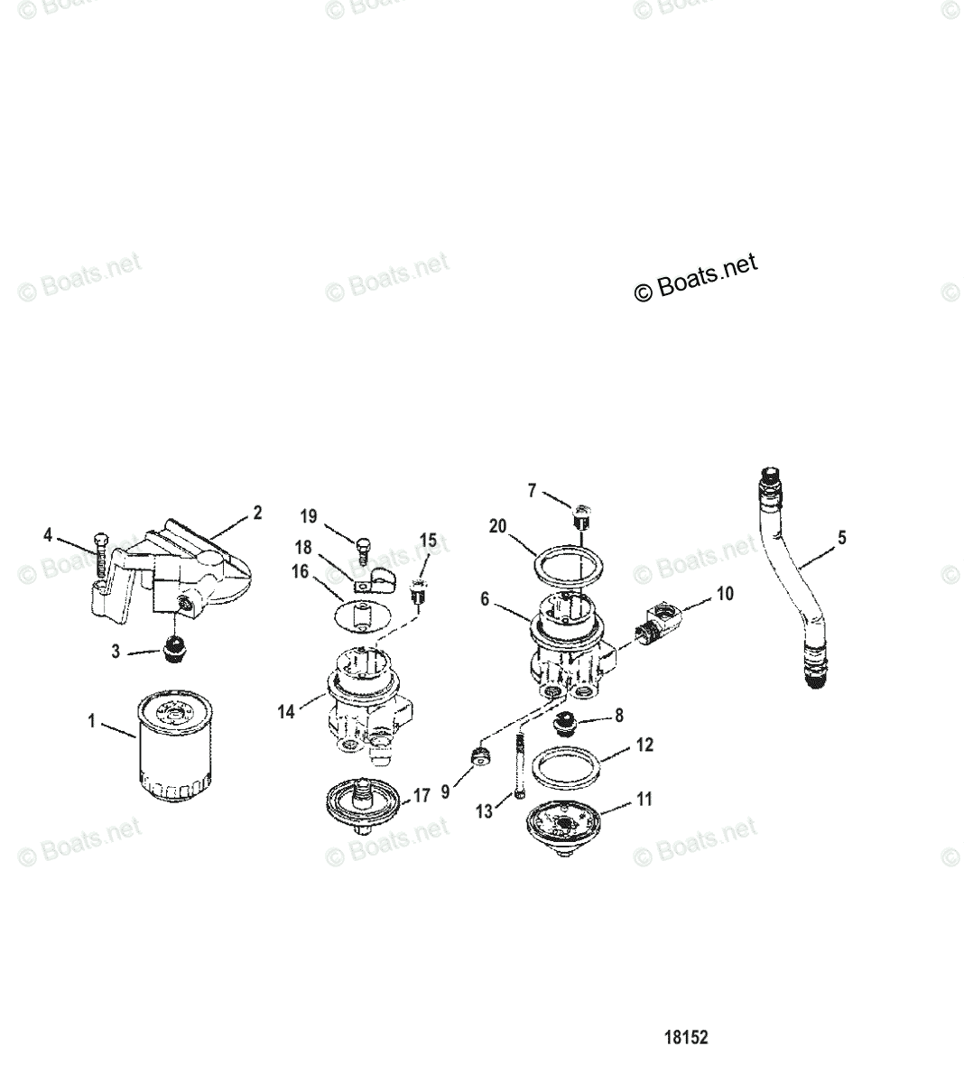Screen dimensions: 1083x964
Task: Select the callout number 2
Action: tap(257, 513)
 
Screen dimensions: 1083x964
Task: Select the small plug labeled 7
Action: tap(581, 517)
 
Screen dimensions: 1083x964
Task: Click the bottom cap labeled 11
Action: tap(568, 826)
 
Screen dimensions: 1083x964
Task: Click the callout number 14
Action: tap(286, 711)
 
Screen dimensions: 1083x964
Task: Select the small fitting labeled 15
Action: tap(417, 592)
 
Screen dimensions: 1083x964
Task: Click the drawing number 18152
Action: tap(686, 1037)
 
